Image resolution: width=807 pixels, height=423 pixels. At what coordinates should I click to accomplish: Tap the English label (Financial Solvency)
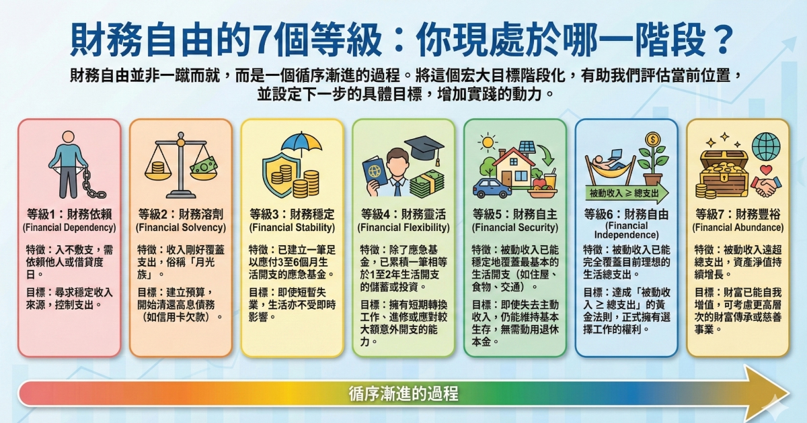[x=180, y=228]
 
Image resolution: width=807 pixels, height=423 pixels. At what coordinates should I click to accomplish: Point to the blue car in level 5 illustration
[x=491, y=186]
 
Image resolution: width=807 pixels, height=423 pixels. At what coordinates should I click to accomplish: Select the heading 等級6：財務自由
[x=626, y=215]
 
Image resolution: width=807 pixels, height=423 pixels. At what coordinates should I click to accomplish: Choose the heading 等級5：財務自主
[x=514, y=215]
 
